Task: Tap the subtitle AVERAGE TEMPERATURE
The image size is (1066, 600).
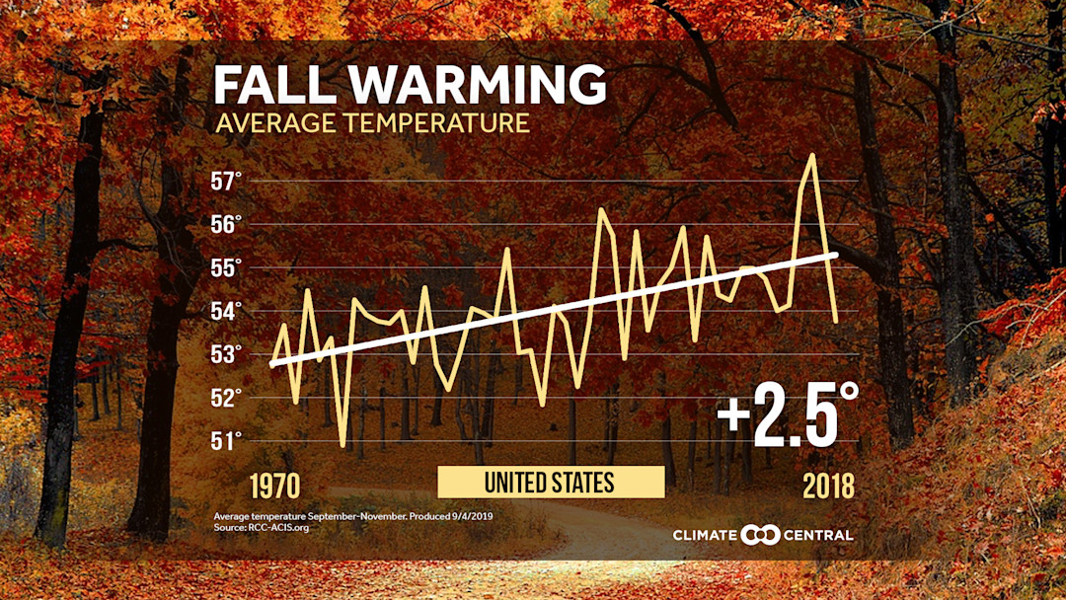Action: (x=372, y=124)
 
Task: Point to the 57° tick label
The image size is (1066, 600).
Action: (x=227, y=182)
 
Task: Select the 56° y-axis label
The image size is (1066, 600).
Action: (x=227, y=225)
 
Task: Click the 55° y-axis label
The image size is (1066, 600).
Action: (x=227, y=268)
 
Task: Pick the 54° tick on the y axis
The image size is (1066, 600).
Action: (x=227, y=312)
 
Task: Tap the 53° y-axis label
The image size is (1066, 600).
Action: (x=227, y=354)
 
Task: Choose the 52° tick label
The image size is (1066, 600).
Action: (x=227, y=398)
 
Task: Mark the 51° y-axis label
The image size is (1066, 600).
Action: (x=227, y=441)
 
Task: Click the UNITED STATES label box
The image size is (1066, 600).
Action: (x=550, y=483)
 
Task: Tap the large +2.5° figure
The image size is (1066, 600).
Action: (x=788, y=413)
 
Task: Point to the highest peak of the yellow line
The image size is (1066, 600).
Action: (x=811, y=155)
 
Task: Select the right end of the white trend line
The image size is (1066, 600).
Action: (x=837, y=254)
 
